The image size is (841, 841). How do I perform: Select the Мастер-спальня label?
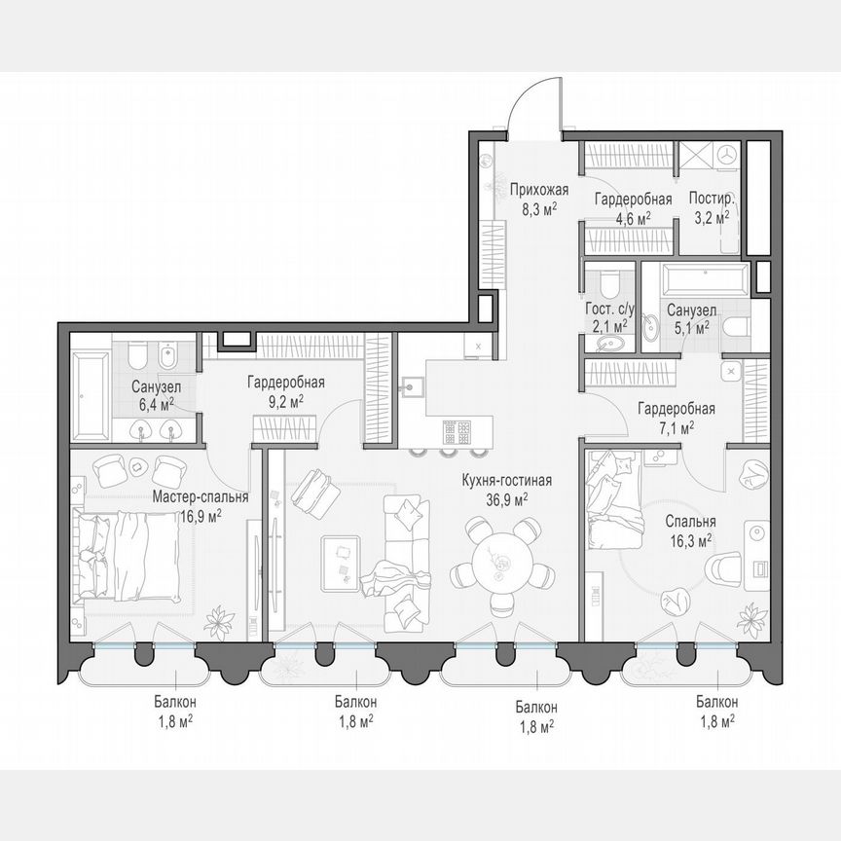point(201,496)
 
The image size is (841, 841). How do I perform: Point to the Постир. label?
point(712,199)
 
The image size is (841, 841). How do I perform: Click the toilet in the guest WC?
point(609,282)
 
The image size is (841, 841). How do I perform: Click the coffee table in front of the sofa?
point(342,563)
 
